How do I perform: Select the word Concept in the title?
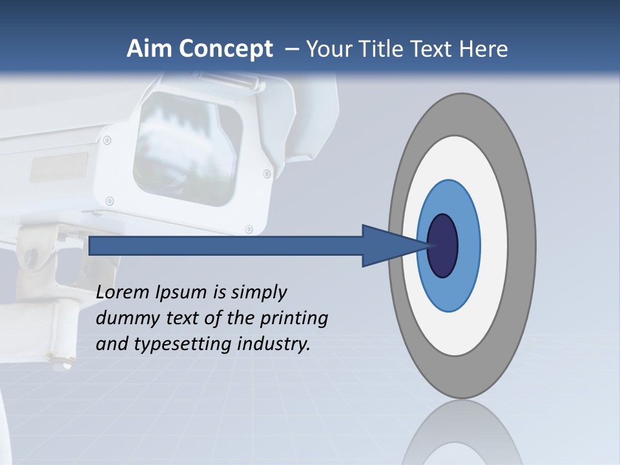226,49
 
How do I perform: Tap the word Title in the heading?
387,49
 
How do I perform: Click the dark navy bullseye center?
443,245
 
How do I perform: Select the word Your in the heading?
327,49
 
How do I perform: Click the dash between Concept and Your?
291,50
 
